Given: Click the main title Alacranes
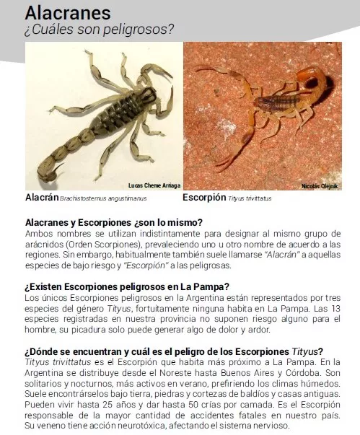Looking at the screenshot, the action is (x=68, y=13).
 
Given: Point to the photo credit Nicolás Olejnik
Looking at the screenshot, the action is (x=319, y=186).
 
